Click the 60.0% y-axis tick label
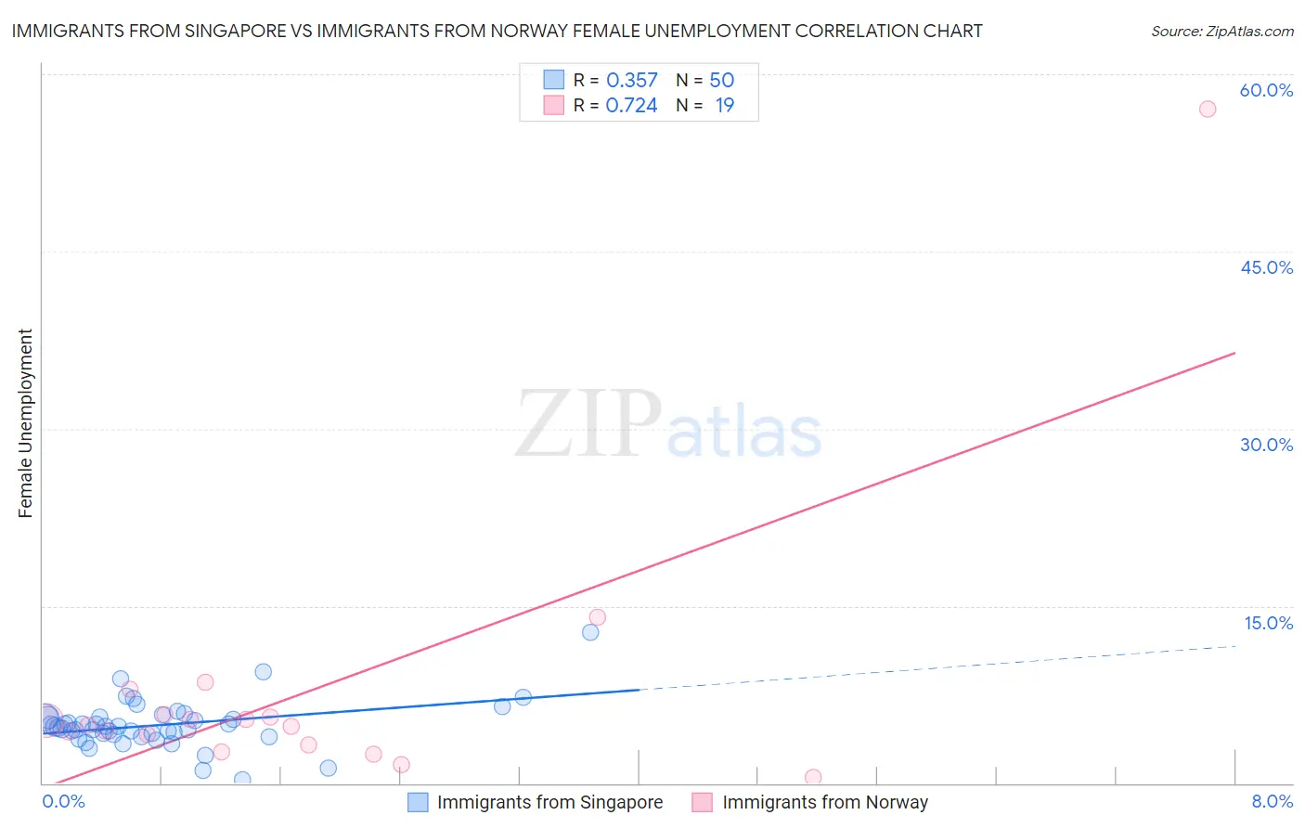(x=1266, y=90)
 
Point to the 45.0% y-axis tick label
(x=1266, y=267)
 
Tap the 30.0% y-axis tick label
(x=1266, y=445)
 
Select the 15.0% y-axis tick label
(x=1268, y=623)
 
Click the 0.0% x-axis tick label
(x=63, y=801)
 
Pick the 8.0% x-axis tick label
(x=1272, y=801)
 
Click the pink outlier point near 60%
(x=1207, y=109)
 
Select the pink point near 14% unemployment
(x=598, y=617)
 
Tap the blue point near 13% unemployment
(x=590, y=632)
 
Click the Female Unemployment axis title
(x=25, y=423)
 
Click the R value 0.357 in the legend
(x=631, y=81)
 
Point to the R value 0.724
(x=631, y=106)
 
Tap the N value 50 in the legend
(x=721, y=81)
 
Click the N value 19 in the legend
(x=724, y=106)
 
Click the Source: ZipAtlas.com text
(x=1221, y=32)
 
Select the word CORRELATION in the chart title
(x=858, y=31)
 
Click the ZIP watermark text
(x=588, y=425)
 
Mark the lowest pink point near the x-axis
(x=813, y=777)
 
